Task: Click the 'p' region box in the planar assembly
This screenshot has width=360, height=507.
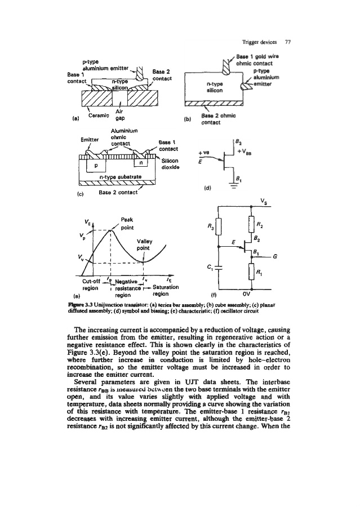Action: (x=96, y=166)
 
